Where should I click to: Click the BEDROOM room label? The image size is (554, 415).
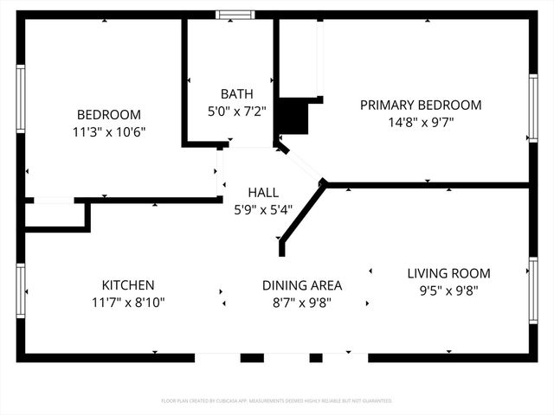pyautogui.click(x=108, y=115)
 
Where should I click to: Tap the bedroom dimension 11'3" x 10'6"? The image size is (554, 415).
pyautogui.click(x=108, y=132)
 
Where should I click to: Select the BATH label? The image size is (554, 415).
pyautogui.click(x=235, y=93)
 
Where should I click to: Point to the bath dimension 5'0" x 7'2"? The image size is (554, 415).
pyautogui.click(x=235, y=111)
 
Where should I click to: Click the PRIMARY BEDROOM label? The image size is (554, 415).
pyautogui.click(x=420, y=105)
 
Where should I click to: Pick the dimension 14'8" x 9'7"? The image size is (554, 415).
pyautogui.click(x=420, y=122)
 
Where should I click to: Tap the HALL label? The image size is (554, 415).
pyautogui.click(x=263, y=192)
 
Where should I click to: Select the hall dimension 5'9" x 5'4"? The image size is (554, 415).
pyautogui.click(x=263, y=209)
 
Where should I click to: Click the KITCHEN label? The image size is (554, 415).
pyautogui.click(x=128, y=285)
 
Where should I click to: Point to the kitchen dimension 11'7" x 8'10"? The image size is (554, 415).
pyautogui.click(x=128, y=303)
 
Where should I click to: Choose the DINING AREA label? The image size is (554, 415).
pyautogui.click(x=302, y=285)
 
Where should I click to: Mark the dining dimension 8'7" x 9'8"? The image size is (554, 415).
pyautogui.click(x=302, y=303)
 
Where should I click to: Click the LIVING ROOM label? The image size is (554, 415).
pyautogui.click(x=448, y=273)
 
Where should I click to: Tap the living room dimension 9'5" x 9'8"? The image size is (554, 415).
pyautogui.click(x=448, y=291)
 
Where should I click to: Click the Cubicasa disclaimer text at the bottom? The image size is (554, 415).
pyautogui.click(x=277, y=401)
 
